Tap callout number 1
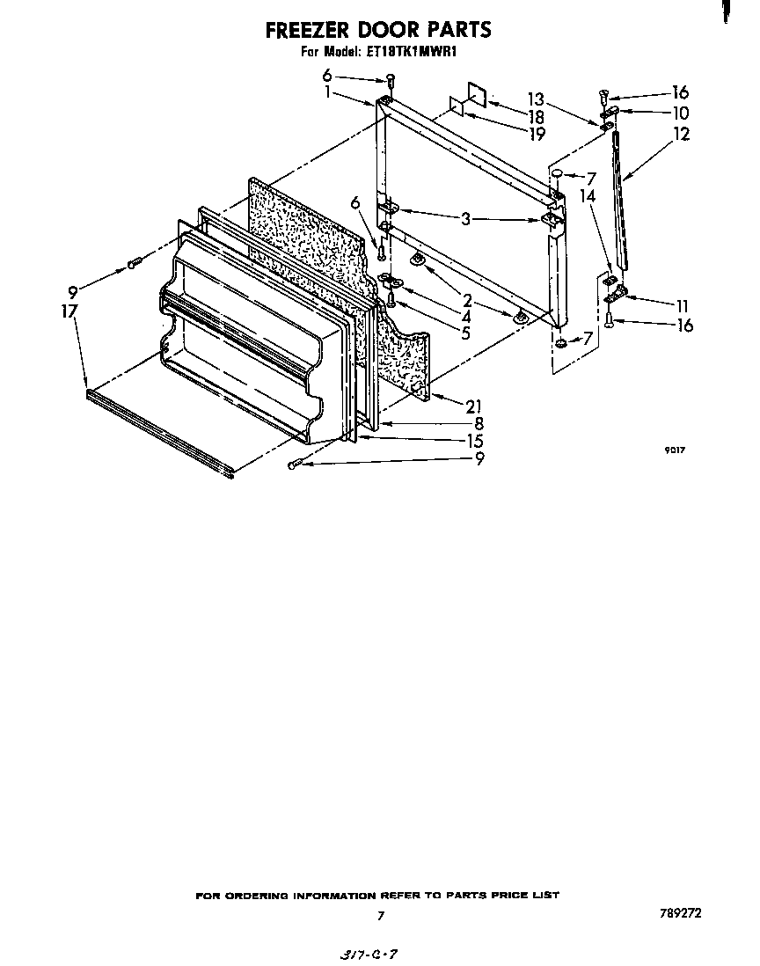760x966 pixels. [329, 91]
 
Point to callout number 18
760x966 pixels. [536, 117]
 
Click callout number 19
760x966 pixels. [536, 134]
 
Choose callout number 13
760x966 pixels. [536, 99]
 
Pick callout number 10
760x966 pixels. [681, 113]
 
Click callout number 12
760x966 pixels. [681, 134]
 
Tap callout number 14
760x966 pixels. [588, 196]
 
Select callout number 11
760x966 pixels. [681, 306]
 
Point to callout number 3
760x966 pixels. [465, 219]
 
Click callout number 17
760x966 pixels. [70, 311]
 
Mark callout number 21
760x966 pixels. [475, 405]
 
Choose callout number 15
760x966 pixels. [475, 441]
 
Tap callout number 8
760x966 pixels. [479, 423]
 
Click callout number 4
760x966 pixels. [465, 317]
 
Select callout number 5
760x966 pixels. [465, 333]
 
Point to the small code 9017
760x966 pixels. [675, 450]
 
